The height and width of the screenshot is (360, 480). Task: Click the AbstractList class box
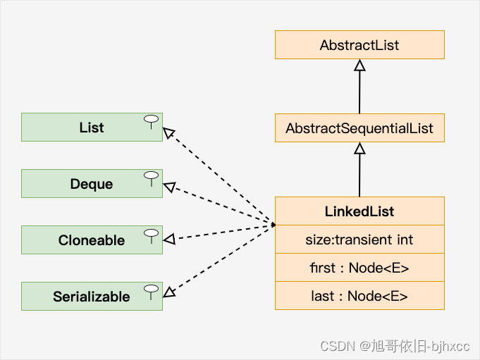click(x=359, y=44)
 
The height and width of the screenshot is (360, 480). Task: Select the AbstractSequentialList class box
click(x=359, y=128)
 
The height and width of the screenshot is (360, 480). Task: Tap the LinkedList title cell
click(x=359, y=211)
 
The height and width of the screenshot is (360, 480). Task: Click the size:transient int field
click(x=359, y=240)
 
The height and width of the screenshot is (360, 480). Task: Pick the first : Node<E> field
click(x=359, y=268)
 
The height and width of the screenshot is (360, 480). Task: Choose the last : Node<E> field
click(x=359, y=296)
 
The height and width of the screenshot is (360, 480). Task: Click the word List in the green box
click(x=92, y=128)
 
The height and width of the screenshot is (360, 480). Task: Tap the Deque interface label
click(x=92, y=184)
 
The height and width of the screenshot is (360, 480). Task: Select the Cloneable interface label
click(x=92, y=240)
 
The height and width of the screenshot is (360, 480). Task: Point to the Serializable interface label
click(x=92, y=297)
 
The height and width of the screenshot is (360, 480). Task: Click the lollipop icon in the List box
click(x=152, y=122)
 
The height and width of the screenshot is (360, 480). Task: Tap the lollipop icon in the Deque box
click(x=152, y=179)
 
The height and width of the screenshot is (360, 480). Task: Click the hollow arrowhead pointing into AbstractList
click(x=359, y=65)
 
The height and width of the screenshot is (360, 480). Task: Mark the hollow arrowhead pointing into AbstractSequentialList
click(x=359, y=149)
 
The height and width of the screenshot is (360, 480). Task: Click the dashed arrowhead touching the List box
click(x=168, y=132)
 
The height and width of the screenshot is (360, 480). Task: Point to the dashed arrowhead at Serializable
click(x=169, y=292)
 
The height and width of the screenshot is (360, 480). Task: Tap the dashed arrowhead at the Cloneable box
click(x=169, y=239)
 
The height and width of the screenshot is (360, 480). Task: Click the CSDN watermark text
click(x=395, y=346)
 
